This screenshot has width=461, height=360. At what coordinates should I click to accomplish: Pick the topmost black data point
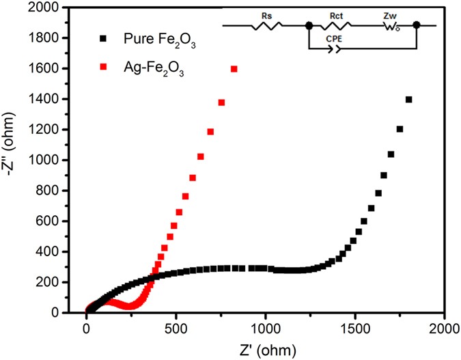pyautogui.click(x=409, y=100)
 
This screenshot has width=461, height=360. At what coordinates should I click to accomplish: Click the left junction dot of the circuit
pyautogui.click(x=309, y=25)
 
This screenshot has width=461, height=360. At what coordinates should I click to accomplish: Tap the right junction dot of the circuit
pyautogui.click(x=416, y=25)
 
